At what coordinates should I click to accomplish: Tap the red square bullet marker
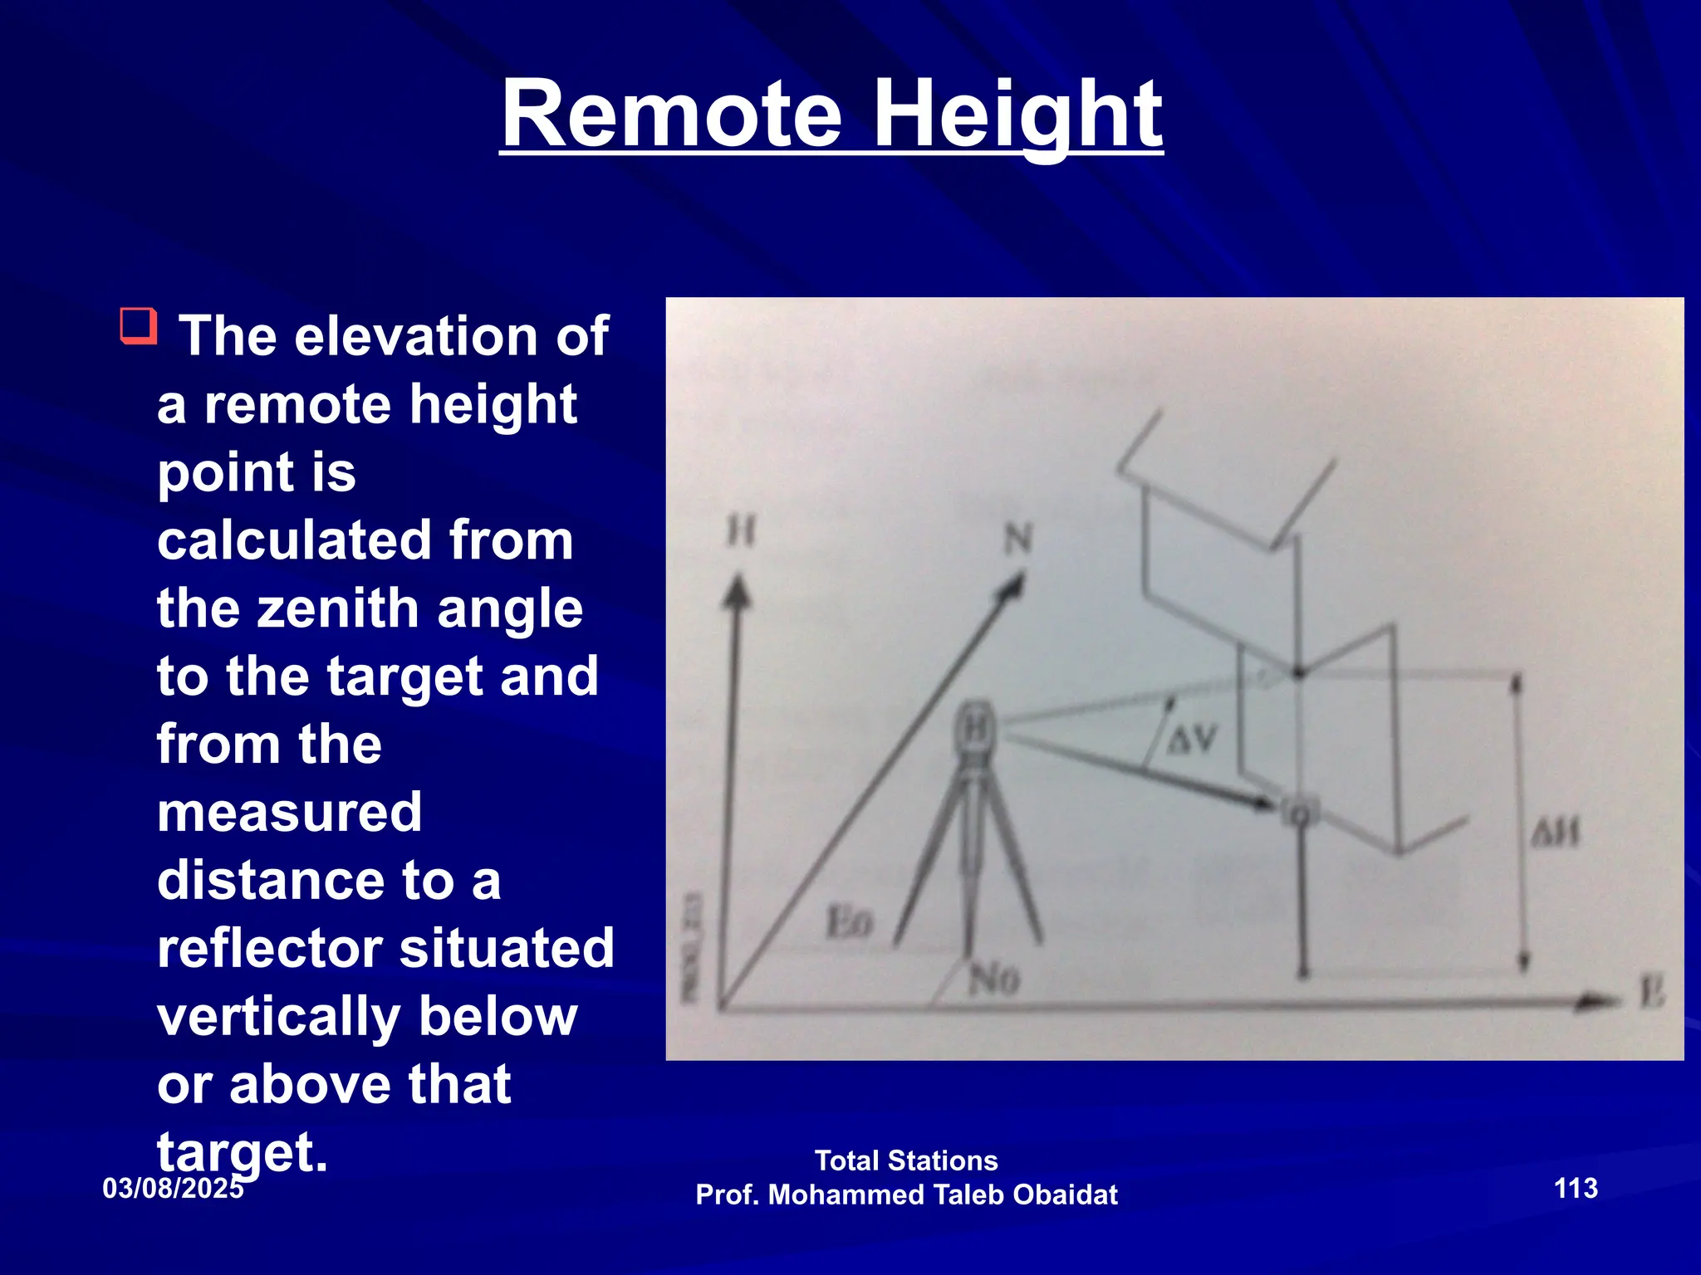click(x=139, y=325)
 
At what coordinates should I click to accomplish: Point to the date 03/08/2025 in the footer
click(x=173, y=1188)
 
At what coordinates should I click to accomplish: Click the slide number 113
click(x=1576, y=1188)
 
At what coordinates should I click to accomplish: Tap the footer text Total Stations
click(x=906, y=1160)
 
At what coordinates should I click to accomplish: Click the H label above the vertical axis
click(x=741, y=531)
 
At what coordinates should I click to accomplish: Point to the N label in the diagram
click(x=1018, y=540)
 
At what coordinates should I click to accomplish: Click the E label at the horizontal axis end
click(x=1652, y=993)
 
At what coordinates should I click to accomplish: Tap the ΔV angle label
click(x=1192, y=738)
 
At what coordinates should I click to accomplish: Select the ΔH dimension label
click(x=1555, y=833)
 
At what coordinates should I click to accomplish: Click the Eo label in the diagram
click(x=849, y=922)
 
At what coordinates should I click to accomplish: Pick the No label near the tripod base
click(x=993, y=981)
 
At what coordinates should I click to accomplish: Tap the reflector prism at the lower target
click(x=1300, y=812)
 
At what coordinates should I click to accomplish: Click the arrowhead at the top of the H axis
click(x=737, y=591)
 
